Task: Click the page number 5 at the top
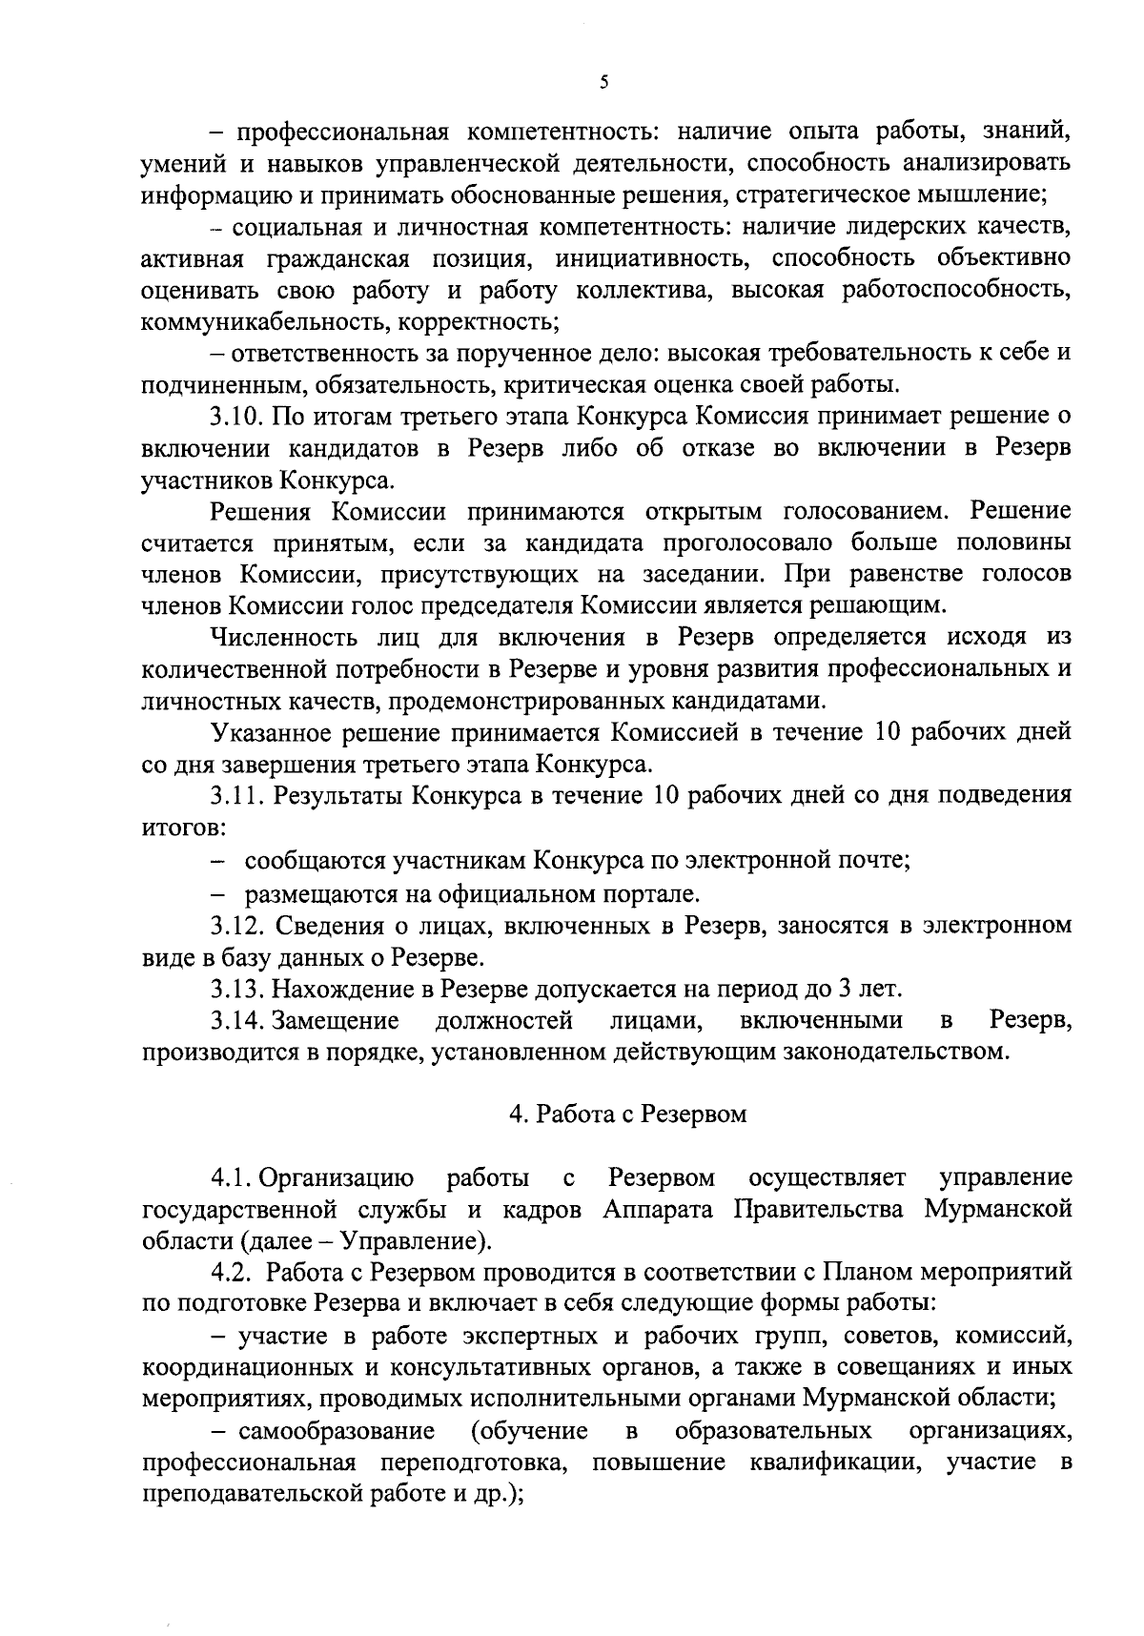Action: (603, 83)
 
